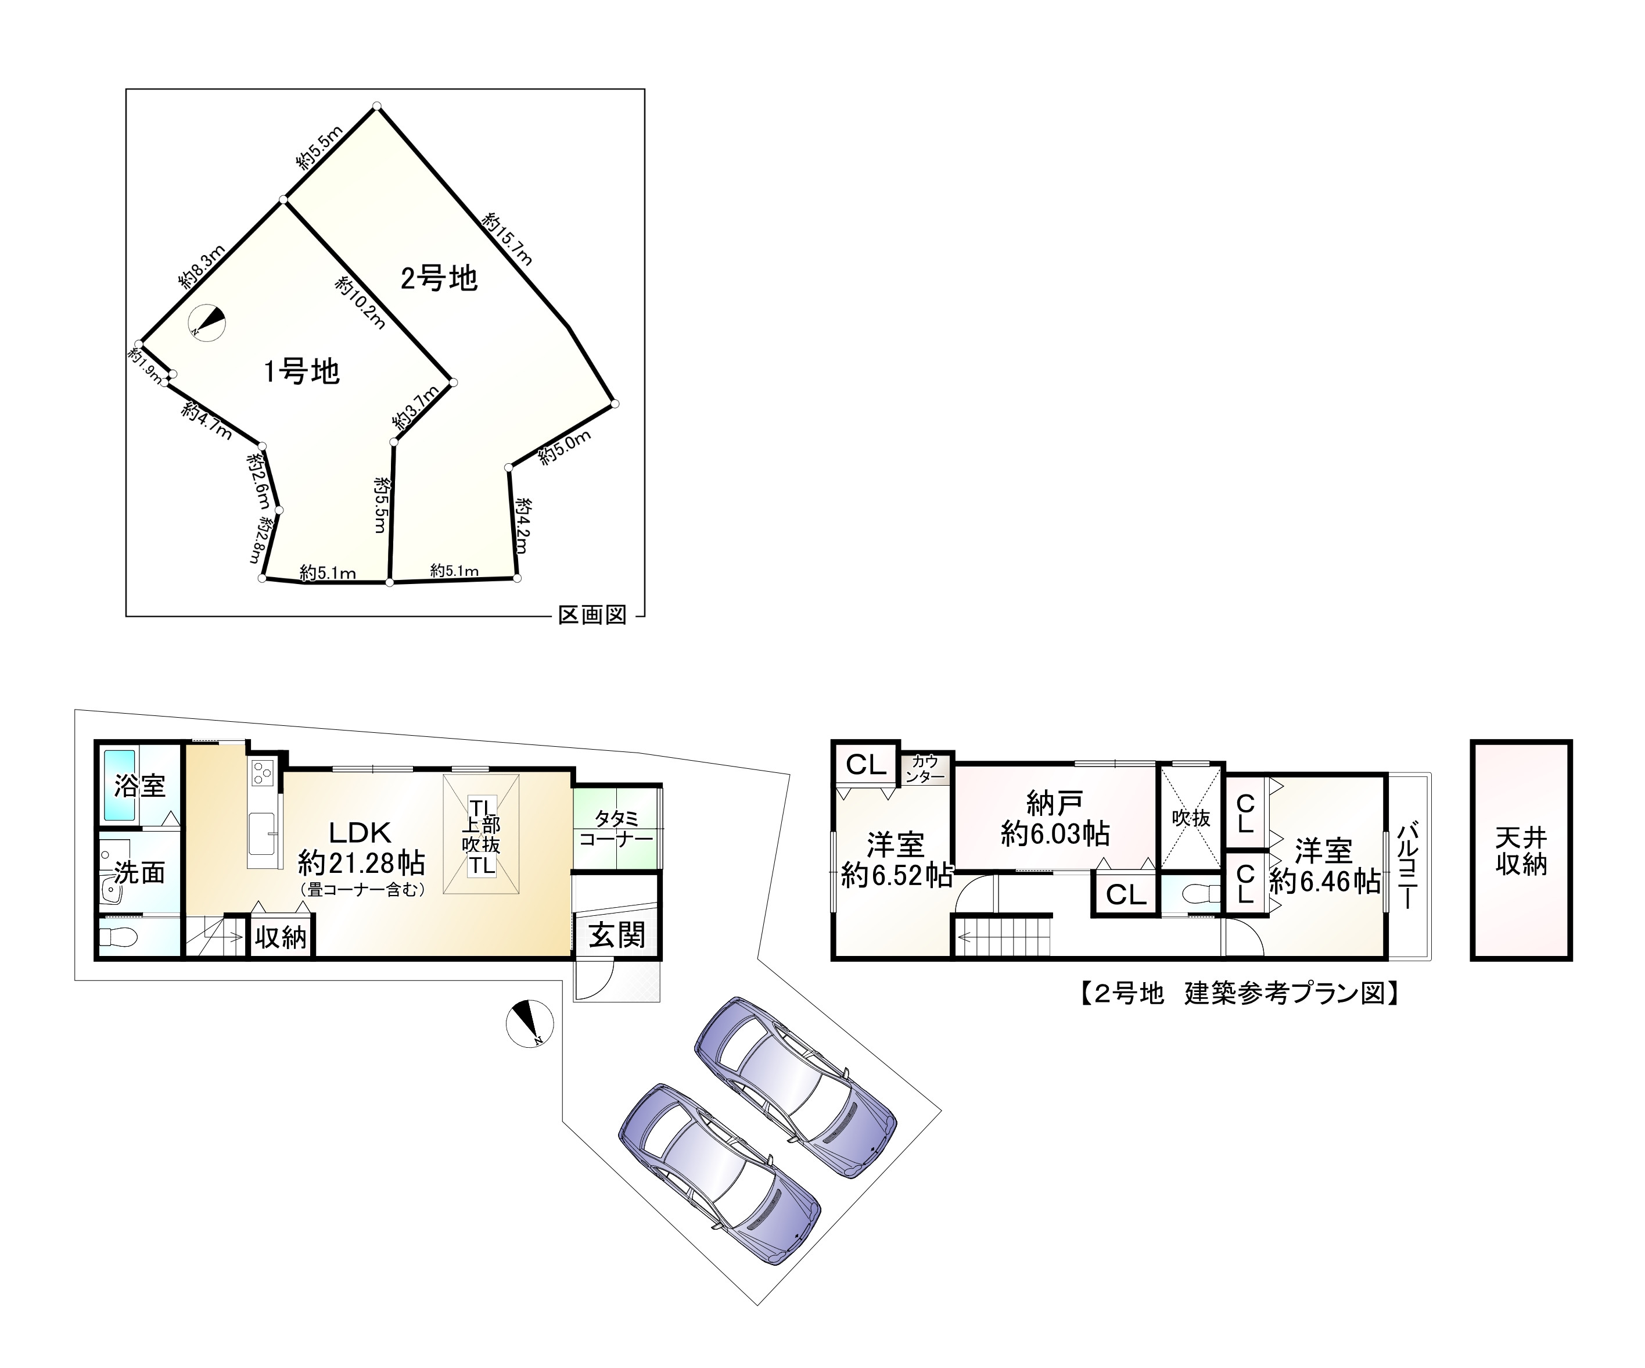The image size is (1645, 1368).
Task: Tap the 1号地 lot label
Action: point(301,371)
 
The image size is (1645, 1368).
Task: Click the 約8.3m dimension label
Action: point(202,266)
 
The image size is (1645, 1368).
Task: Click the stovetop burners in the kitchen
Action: point(261,773)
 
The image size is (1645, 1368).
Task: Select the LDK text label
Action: point(360,832)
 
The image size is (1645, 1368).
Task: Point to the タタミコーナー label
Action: point(616,829)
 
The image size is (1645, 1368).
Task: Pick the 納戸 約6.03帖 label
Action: point(1055,818)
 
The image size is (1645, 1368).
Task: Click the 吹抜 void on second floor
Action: point(1191,818)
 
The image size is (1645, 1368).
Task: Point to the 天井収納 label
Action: point(1521,851)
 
